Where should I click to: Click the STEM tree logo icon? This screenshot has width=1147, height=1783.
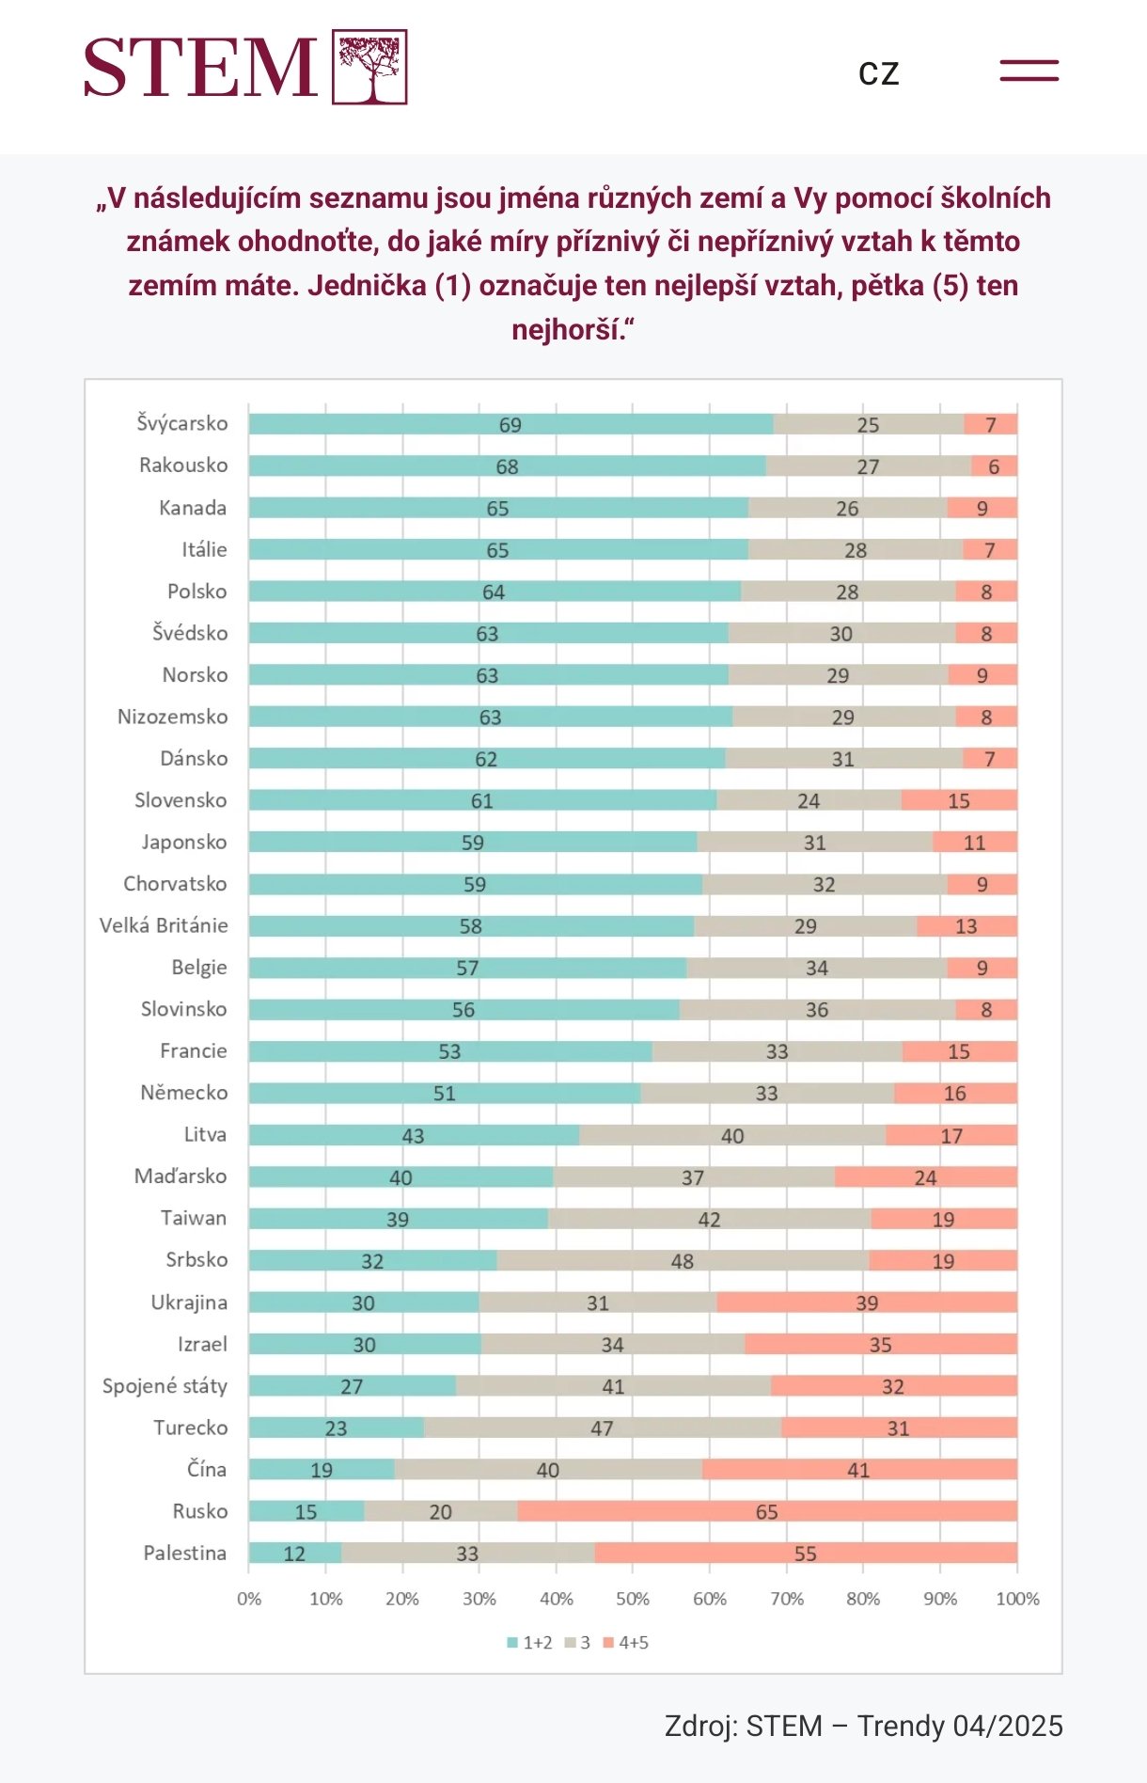coord(369,67)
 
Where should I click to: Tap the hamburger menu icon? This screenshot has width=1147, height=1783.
coord(1029,71)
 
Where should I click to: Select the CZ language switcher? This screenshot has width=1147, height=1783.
coord(879,72)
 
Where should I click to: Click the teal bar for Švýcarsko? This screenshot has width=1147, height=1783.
coord(511,424)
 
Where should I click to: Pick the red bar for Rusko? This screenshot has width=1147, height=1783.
coord(766,1511)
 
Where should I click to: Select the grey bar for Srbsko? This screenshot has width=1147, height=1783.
coord(683,1260)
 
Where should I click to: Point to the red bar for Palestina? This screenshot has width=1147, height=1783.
coord(805,1553)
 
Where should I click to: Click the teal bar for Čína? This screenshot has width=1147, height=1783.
coord(322,1469)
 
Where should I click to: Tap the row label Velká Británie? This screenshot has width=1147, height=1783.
coord(164,925)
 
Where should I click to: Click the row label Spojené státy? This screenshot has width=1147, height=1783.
coord(165,1386)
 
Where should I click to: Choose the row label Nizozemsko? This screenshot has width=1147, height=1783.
coord(172,717)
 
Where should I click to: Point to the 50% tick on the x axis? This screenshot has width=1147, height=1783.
coord(633,1599)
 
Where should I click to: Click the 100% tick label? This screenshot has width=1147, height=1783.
coord(1017,1599)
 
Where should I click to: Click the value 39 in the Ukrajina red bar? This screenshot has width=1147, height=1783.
coord(866,1302)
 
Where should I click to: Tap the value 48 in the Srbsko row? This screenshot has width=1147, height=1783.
coord(683,1261)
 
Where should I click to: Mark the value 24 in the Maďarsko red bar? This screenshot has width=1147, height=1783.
coord(925,1177)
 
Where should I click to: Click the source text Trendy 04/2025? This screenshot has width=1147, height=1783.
coord(959,1727)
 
